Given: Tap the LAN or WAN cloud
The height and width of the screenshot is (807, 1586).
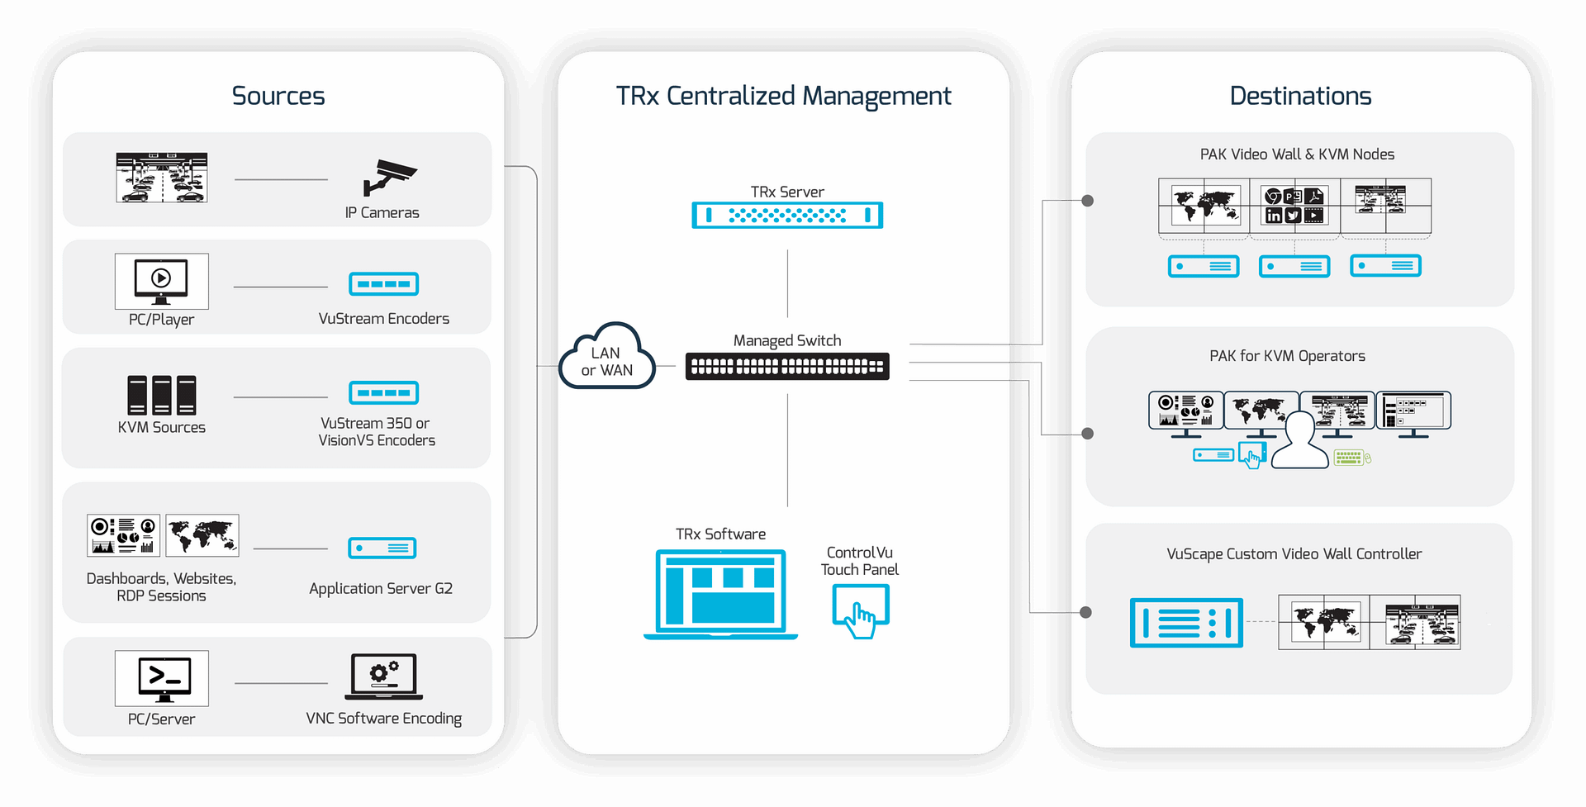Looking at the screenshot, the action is pyautogui.click(x=607, y=357).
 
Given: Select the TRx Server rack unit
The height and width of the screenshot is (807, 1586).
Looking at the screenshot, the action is pyautogui.click(x=787, y=216).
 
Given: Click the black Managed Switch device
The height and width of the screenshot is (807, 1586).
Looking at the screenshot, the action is pyautogui.click(x=787, y=367).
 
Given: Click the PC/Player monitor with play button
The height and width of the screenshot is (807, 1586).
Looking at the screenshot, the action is pyautogui.click(x=162, y=281).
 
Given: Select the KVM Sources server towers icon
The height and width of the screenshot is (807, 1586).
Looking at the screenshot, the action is pyautogui.click(x=162, y=395).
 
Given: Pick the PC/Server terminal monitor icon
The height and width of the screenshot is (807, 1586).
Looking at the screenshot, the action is pyautogui.click(x=162, y=678).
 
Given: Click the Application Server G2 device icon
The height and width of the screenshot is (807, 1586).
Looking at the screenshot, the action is pyautogui.click(x=382, y=548).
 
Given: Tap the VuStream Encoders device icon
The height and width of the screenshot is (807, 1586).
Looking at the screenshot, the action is pyautogui.click(x=384, y=284).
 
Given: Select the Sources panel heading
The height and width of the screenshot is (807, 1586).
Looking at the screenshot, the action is pyautogui.click(x=278, y=96).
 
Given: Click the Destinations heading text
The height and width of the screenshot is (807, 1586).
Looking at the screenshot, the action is pyautogui.click(x=1300, y=96).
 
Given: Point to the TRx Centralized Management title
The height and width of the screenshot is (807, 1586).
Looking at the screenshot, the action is pyautogui.click(x=783, y=97).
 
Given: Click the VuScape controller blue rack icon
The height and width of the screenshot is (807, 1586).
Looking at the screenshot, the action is pyautogui.click(x=1186, y=623).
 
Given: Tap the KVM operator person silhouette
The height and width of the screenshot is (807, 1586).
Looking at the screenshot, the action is pyautogui.click(x=1300, y=441).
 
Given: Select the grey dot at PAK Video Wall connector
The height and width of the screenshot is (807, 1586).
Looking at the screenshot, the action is pyautogui.click(x=1088, y=201).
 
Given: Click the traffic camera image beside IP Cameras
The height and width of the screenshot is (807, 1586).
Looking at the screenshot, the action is pyautogui.click(x=162, y=178).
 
